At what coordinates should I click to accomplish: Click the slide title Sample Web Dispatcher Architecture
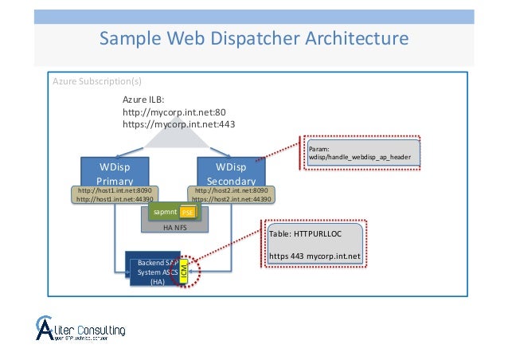click(x=253, y=38)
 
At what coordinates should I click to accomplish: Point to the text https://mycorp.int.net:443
click(x=178, y=124)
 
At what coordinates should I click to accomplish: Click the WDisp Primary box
click(x=115, y=170)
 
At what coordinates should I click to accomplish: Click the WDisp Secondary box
click(x=231, y=170)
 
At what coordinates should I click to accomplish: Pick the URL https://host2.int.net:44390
click(x=231, y=200)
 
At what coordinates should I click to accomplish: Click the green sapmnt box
click(x=165, y=212)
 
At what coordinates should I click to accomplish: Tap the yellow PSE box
click(x=187, y=213)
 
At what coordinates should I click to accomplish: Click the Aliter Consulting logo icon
click(x=49, y=328)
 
